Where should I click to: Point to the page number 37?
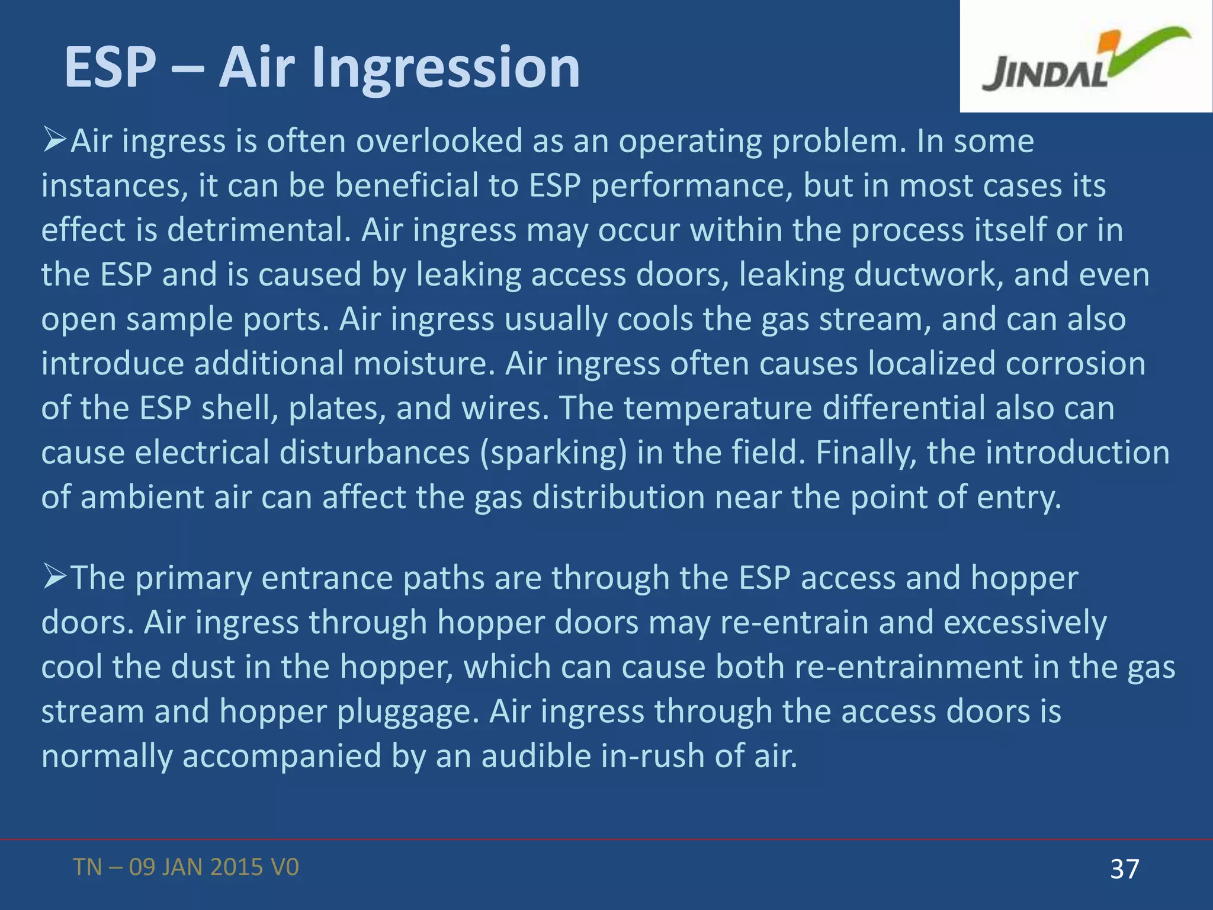tap(1124, 869)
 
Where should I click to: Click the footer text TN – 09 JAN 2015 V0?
tap(186, 867)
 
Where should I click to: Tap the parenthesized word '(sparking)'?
tap(553, 453)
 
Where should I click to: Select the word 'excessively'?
tap(1025, 623)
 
